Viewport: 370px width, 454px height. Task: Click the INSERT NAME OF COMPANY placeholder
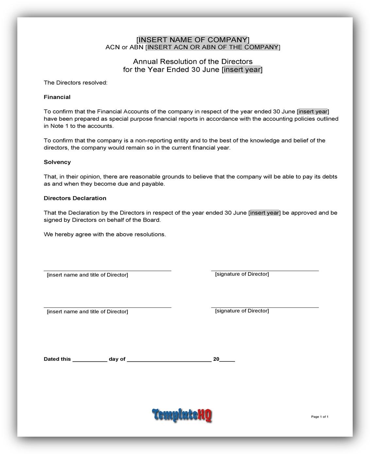click(193, 40)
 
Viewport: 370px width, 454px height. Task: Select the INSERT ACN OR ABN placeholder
click(213, 47)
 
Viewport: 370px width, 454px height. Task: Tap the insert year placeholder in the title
click(242, 69)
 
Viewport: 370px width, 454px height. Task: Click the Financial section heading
click(57, 97)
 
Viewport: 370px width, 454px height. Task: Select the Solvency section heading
click(57, 162)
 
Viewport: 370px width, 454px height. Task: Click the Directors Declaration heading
click(75, 198)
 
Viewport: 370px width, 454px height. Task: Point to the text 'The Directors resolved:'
click(76, 83)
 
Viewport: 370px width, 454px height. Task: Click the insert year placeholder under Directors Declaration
click(264, 213)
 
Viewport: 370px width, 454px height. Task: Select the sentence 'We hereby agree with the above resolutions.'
click(105, 235)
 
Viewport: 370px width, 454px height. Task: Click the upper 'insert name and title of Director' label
click(87, 275)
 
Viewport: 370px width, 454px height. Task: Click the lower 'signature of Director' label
click(242, 311)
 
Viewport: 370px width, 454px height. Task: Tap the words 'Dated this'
click(57, 359)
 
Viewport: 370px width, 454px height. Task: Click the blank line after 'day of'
click(169, 360)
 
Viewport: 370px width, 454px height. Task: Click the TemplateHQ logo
click(182, 415)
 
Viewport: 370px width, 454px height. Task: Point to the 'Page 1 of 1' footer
click(319, 417)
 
